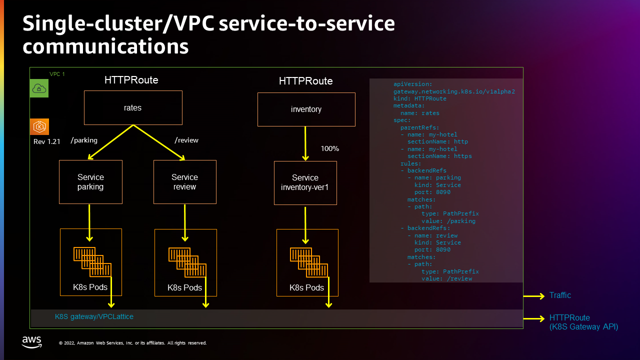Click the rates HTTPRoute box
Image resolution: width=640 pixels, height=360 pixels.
click(133, 107)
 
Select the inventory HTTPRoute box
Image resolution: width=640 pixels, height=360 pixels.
click(306, 109)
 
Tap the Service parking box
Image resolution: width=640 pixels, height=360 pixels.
click(90, 182)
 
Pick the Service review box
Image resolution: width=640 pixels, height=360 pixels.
click(184, 182)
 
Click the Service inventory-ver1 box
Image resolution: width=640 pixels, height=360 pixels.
click(305, 182)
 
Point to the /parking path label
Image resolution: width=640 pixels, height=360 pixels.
click(84, 140)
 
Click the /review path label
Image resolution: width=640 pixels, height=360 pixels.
click(186, 140)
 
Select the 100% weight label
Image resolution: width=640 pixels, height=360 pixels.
click(329, 148)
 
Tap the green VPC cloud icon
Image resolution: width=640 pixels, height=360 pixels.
click(39, 88)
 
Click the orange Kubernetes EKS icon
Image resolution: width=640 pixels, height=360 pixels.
click(39, 126)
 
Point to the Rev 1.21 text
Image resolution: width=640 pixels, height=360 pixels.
click(46, 141)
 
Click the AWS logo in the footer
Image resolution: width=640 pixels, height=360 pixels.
click(31, 342)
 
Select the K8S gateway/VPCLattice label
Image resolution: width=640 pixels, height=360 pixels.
click(94, 316)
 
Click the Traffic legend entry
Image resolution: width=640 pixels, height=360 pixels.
click(560, 295)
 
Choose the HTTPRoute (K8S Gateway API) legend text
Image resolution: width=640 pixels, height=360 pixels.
click(583, 322)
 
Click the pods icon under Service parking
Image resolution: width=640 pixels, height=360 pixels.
click(92, 261)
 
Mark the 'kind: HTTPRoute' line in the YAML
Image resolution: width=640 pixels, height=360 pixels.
click(419, 98)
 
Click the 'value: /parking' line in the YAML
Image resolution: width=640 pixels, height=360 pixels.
click(448, 221)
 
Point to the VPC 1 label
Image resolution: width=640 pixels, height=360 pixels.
click(57, 74)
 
